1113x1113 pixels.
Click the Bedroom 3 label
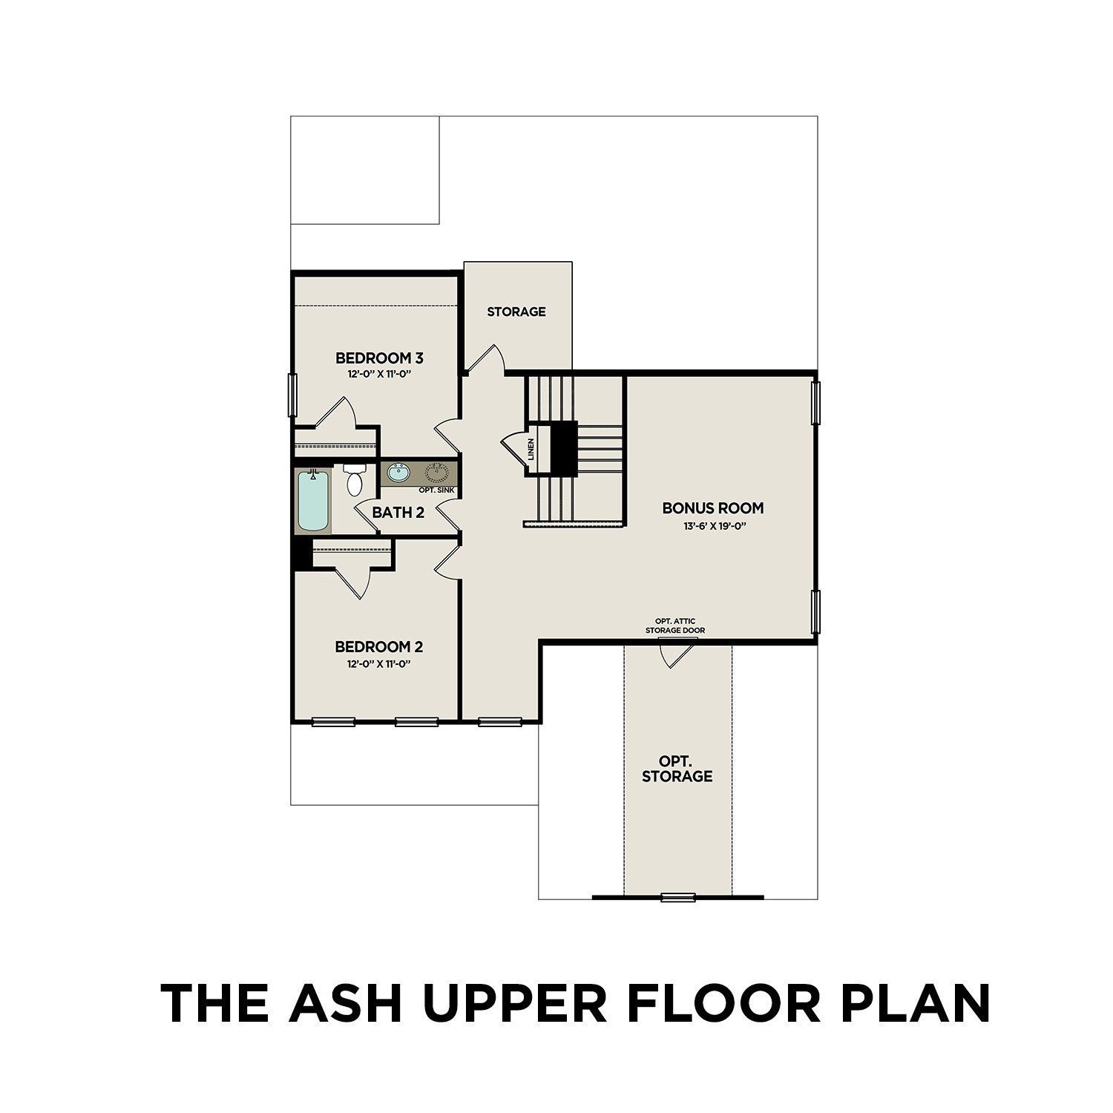point(379,358)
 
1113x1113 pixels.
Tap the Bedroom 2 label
point(379,647)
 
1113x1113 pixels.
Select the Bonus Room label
point(712,508)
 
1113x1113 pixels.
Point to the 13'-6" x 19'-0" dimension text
point(712,526)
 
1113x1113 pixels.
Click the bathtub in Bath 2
point(314,502)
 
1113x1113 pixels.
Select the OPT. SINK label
point(436,490)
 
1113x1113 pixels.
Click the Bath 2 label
point(398,512)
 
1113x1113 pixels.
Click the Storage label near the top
point(516,312)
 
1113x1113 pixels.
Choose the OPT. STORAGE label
point(677,769)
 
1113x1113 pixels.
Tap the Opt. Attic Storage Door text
point(674,626)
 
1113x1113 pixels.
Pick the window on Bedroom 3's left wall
point(292,395)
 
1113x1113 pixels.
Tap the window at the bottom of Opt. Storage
point(674,897)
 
